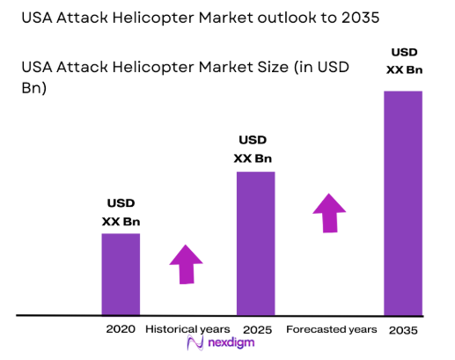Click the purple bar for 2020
point(121,274)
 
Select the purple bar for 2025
point(255,243)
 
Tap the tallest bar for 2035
point(403,202)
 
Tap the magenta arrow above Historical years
point(186,263)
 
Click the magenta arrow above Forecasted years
point(330,213)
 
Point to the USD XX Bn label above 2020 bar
point(121,211)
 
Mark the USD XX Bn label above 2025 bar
point(253,150)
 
